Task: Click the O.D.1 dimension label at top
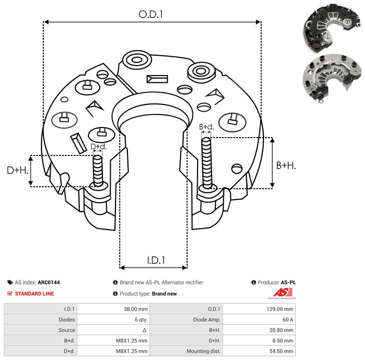pyautogui.click(x=151, y=14)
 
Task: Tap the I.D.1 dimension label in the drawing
pyautogui.click(x=156, y=260)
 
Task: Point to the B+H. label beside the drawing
pyautogui.click(x=286, y=165)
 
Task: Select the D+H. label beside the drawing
pyautogui.click(x=18, y=170)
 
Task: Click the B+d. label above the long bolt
pyautogui.click(x=206, y=127)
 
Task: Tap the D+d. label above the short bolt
pyautogui.click(x=98, y=147)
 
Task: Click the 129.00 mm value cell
pyautogui.click(x=282, y=309)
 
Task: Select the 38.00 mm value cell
pyautogui.click(x=136, y=309)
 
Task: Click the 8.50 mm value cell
pyautogui.click(x=284, y=341)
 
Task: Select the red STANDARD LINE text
pyautogui.click(x=34, y=294)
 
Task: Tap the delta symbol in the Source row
pyautogui.click(x=144, y=330)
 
